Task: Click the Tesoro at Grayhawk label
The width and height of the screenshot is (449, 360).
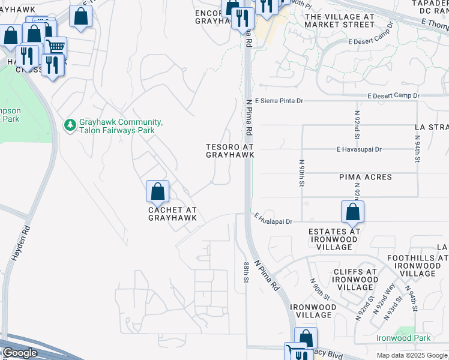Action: [x=230, y=151]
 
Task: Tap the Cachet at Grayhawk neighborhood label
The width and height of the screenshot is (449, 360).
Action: [x=172, y=213]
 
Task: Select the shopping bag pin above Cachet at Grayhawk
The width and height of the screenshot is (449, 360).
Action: [x=157, y=192]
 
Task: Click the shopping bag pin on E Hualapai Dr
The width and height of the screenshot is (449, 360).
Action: [x=352, y=212]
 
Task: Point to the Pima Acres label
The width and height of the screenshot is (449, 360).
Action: [x=365, y=177]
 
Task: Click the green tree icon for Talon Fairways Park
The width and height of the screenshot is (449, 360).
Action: [x=70, y=125]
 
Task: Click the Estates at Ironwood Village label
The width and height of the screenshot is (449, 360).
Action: [x=334, y=239]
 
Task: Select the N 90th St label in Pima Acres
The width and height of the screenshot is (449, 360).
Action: [x=300, y=172]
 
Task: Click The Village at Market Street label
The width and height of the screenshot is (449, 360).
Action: [x=339, y=21]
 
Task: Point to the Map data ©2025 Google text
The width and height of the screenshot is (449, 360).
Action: [x=412, y=355]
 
